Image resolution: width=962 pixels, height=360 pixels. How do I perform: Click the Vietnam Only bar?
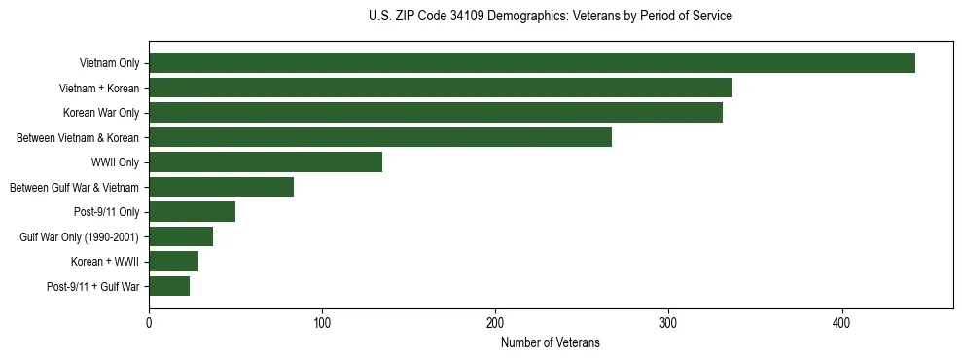[x=532, y=63]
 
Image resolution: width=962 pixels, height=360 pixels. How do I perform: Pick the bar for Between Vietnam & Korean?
[x=380, y=137]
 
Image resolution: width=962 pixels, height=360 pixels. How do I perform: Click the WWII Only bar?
[x=266, y=162]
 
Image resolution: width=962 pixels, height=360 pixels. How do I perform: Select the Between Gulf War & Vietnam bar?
[x=222, y=187]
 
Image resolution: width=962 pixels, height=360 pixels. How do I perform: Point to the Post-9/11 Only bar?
[x=193, y=212]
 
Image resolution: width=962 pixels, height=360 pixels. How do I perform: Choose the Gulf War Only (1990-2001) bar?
[x=181, y=236]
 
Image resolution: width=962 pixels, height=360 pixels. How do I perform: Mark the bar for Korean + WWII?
[x=174, y=261]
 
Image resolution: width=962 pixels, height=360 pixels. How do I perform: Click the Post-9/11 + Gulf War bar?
[x=169, y=286]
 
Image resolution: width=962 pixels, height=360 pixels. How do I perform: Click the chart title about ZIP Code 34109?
[x=551, y=17]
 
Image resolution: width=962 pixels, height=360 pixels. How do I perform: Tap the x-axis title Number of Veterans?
[x=551, y=343]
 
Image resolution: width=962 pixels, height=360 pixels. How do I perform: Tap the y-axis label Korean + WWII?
[x=105, y=262]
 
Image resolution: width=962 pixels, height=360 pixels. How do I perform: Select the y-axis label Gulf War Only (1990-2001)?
[x=79, y=236]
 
